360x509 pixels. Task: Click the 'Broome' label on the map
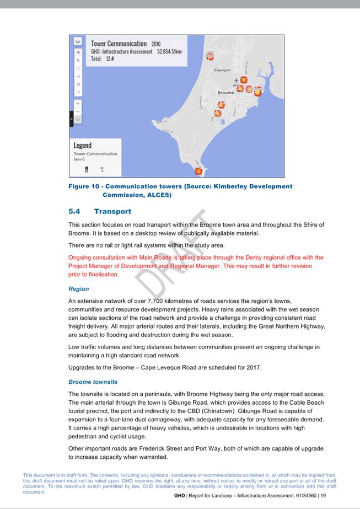pyautogui.click(x=225, y=93)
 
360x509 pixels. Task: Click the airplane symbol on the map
pyautogui.click(x=237, y=81)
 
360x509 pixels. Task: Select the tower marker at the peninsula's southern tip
pyautogui.click(x=199, y=172)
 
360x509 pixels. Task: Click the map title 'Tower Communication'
pyautogui.click(x=119, y=44)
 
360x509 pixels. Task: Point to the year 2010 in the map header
pyautogui.click(x=155, y=44)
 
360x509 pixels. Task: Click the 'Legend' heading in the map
pyautogui.click(x=83, y=146)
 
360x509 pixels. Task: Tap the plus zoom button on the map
pyautogui.click(x=78, y=103)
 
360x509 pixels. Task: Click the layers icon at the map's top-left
pyautogui.click(x=78, y=41)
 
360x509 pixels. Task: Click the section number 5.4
pyautogui.click(x=74, y=211)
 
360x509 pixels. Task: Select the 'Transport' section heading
pyautogui.click(x=112, y=211)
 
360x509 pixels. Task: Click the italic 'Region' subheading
pyautogui.click(x=78, y=288)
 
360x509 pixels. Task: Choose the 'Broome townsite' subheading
pyautogui.click(x=93, y=382)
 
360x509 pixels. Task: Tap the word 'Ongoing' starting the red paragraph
pyautogui.click(x=82, y=258)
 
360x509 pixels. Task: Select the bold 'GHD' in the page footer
pyautogui.click(x=180, y=496)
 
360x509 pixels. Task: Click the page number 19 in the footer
pyautogui.click(x=323, y=496)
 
